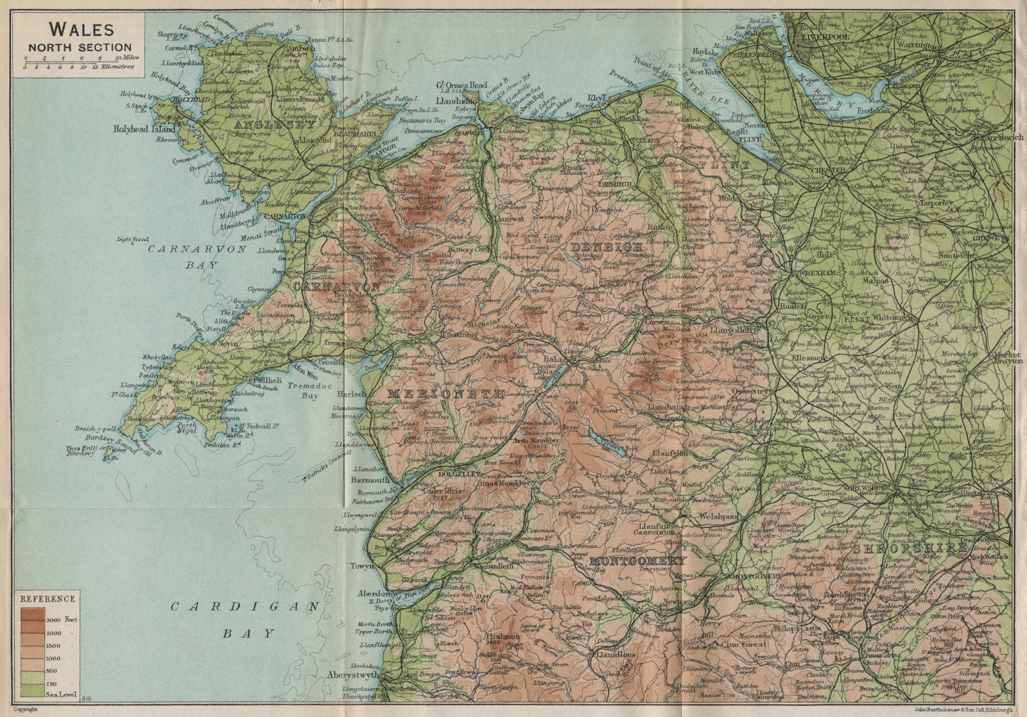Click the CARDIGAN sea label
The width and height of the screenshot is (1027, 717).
(x=243, y=606)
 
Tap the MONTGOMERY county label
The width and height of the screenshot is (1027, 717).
(x=637, y=561)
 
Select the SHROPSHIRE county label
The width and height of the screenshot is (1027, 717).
(x=910, y=548)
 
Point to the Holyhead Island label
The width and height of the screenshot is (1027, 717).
(x=145, y=129)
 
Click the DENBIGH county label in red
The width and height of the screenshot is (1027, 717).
(x=606, y=247)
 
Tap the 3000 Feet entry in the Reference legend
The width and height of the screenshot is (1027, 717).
(x=62, y=619)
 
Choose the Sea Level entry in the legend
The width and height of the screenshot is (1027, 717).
(x=61, y=694)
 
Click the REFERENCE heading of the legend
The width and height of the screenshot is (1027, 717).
(x=47, y=598)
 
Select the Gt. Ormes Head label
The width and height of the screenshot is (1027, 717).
(x=462, y=85)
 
